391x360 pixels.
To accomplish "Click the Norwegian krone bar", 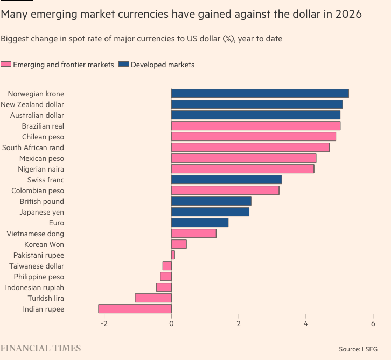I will tap(260, 94).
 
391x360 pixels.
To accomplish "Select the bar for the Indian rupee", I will tap(135, 309).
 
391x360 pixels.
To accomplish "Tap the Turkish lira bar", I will tap(153, 298).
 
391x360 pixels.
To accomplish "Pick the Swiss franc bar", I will tap(226, 180).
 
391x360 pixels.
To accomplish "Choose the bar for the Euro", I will tap(199, 223).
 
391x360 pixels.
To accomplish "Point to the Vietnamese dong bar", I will tap(193, 234).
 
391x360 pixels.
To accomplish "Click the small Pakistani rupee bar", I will tap(173, 255).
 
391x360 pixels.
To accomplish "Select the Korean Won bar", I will tap(179, 244).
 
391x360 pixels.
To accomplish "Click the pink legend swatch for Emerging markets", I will tap(6, 65).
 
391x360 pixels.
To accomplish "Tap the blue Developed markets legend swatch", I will tap(124, 65).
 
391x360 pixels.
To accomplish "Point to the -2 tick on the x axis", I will tap(104, 323).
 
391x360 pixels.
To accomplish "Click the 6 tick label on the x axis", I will tap(373, 323).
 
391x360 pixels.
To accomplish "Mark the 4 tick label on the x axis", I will tap(306, 323).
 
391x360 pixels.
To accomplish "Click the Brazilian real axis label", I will tap(43, 126).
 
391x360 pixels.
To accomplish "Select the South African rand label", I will tap(33, 147).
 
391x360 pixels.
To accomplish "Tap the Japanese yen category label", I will tap(41, 212).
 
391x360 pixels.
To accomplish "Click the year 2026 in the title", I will tap(347, 14).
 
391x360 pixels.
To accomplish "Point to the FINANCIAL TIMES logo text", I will tap(40, 348).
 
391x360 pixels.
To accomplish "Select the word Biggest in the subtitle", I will tap(15, 39).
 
